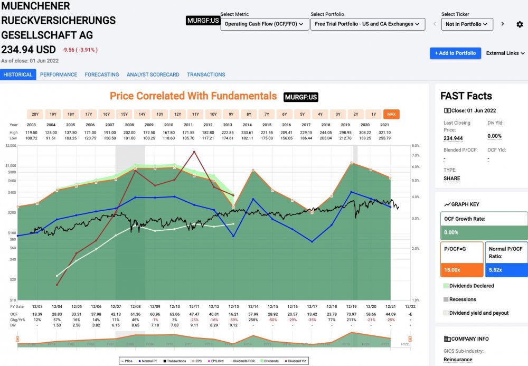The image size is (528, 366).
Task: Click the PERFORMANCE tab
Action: click(x=59, y=74)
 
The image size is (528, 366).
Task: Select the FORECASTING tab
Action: click(x=102, y=74)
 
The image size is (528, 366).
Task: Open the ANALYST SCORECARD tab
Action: click(x=153, y=74)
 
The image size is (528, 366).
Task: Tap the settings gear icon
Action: click(x=520, y=24)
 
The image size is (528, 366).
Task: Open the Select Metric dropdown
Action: click(x=265, y=24)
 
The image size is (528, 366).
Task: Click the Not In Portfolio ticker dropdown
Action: click(x=467, y=24)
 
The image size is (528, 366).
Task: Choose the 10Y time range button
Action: click(x=213, y=114)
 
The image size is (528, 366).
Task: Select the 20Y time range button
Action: click(x=35, y=114)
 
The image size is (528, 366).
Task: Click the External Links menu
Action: click(x=505, y=53)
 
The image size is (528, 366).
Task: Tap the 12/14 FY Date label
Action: click(x=253, y=306)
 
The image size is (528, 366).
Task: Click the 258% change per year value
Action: click(x=253, y=320)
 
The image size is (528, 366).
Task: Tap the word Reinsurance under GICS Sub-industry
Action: click(x=458, y=360)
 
